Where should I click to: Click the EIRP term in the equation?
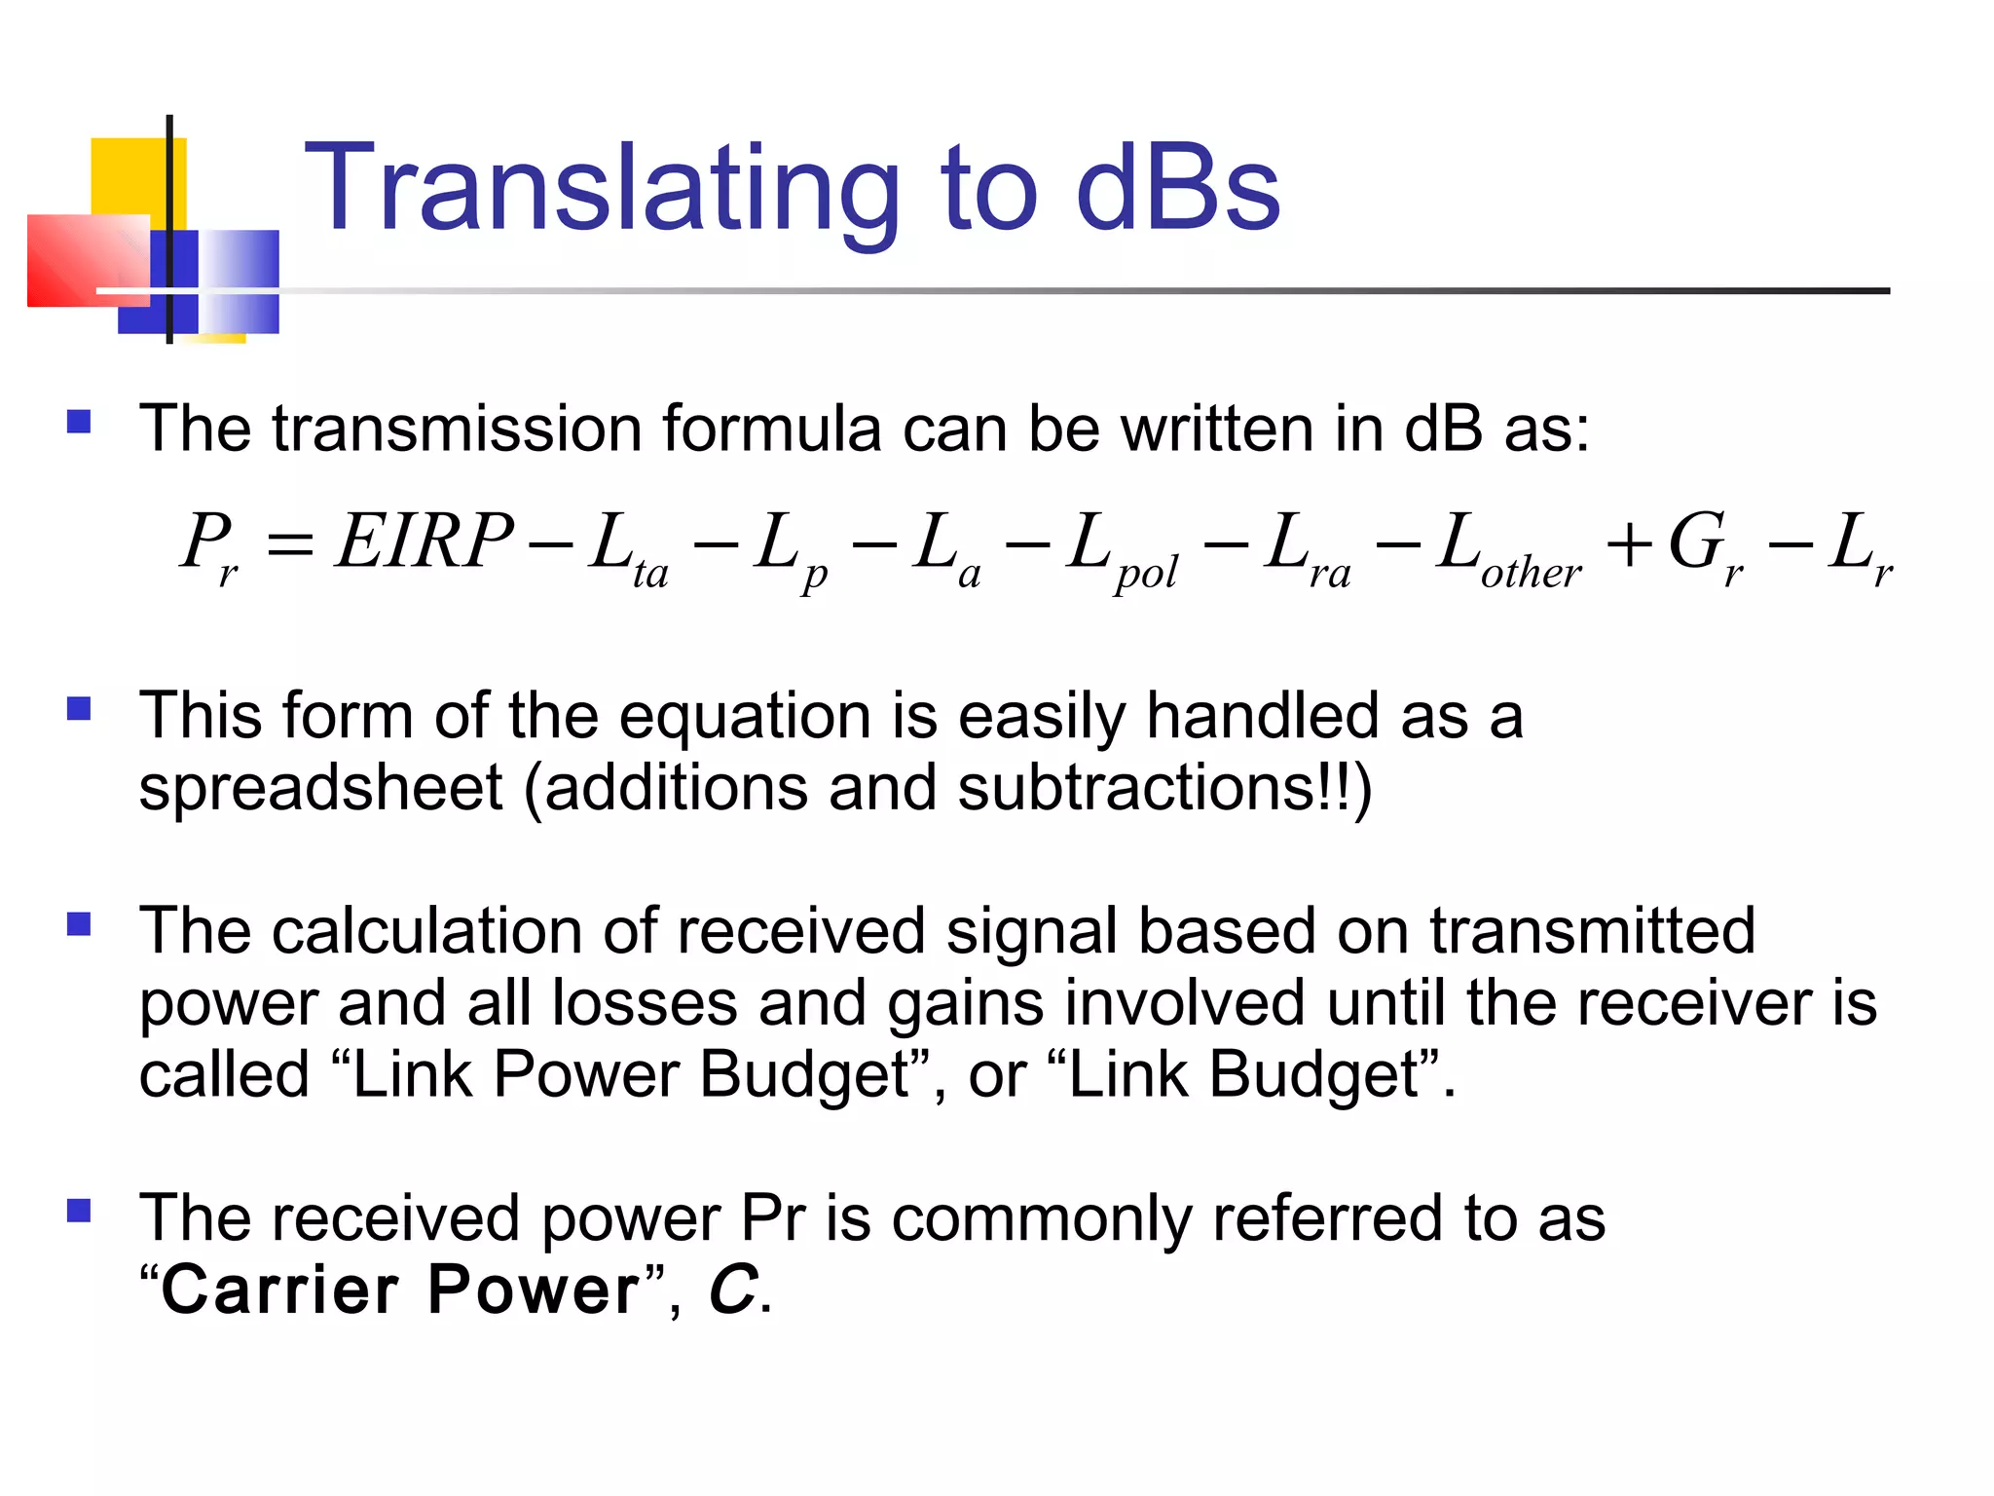pyautogui.click(x=424, y=542)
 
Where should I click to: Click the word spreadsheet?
pyautogui.click(x=320, y=789)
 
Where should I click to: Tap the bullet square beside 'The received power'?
pyautogui.click(x=79, y=1211)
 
